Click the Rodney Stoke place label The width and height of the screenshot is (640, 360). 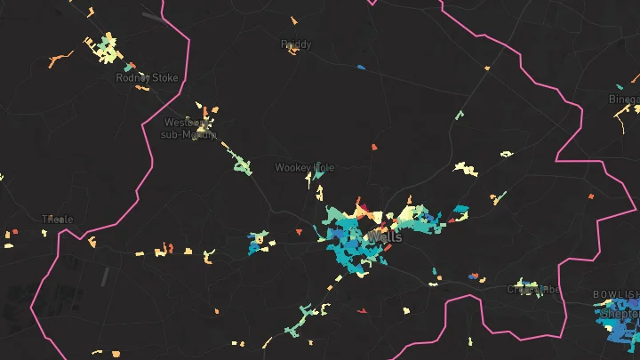147,78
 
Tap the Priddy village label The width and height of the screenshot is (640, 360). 296,44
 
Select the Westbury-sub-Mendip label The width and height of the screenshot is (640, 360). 190,128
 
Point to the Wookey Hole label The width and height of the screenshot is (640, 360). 305,167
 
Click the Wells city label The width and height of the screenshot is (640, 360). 384,237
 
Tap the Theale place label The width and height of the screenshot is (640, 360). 58,219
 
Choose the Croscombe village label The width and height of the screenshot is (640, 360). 533,289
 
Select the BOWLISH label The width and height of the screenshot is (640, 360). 615,294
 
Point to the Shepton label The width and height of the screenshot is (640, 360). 620,314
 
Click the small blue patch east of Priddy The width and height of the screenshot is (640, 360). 361,67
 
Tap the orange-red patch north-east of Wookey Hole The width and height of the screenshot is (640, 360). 374,146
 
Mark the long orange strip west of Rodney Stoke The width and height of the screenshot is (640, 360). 60,60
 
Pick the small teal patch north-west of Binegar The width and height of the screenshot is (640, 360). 459,115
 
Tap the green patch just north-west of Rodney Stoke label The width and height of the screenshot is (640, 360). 130,66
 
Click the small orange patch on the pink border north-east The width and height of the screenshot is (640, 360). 487,68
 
